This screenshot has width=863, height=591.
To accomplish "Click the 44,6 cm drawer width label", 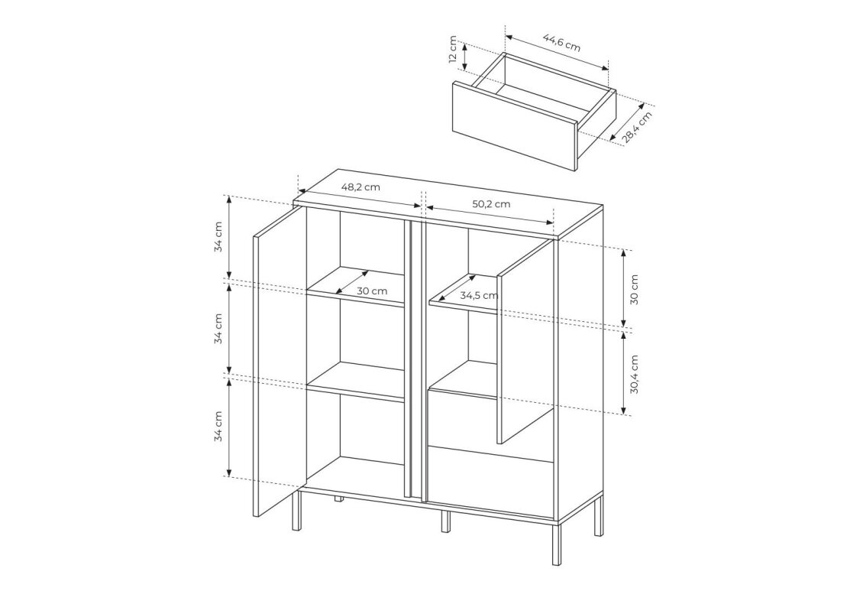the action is (x=561, y=42).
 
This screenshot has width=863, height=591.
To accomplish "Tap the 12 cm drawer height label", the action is (x=453, y=50).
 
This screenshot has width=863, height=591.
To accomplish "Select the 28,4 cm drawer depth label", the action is (x=638, y=128).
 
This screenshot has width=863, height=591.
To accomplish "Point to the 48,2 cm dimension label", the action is (x=360, y=187).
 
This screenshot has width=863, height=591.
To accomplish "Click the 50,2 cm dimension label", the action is (x=491, y=204).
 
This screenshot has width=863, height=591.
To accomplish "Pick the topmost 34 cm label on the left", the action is (x=219, y=237).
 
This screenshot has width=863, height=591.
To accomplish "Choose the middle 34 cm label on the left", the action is (x=219, y=329).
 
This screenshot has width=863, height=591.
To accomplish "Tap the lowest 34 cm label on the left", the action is (x=219, y=427).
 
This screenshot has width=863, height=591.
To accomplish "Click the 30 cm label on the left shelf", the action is (x=372, y=291).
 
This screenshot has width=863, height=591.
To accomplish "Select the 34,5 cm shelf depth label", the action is (x=479, y=295).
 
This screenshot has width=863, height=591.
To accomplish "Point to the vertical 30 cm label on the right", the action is (x=635, y=290).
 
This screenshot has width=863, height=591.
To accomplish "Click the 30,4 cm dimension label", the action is (x=635, y=375).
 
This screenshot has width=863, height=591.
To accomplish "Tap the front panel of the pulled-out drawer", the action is (x=514, y=126).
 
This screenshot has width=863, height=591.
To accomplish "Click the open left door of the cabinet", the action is (x=279, y=362).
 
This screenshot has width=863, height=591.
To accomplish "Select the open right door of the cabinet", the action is (x=525, y=341).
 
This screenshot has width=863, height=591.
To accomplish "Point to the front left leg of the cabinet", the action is (x=296, y=509).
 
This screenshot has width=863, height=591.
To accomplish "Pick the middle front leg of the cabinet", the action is (x=445, y=521).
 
